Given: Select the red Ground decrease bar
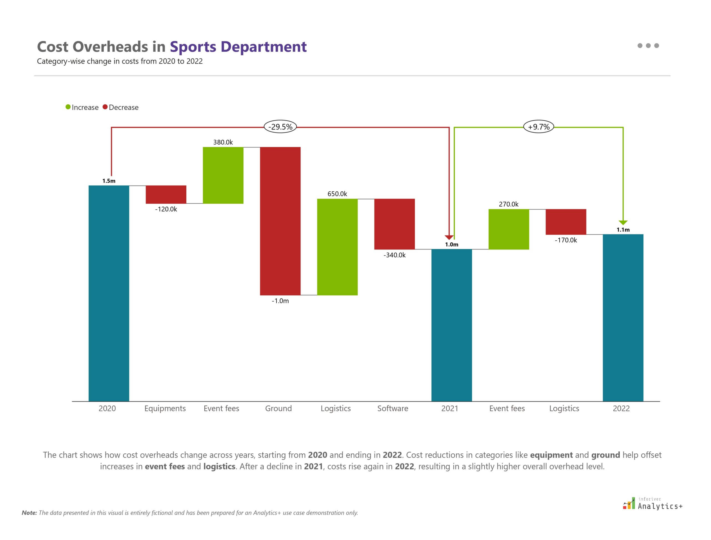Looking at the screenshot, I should click(x=280, y=221).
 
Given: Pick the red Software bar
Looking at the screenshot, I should click(x=394, y=224).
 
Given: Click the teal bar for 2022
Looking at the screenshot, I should click(x=623, y=318).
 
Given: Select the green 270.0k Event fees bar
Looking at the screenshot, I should click(x=509, y=229).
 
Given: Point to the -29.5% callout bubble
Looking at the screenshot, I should click(x=280, y=127).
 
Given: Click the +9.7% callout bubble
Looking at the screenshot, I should click(x=538, y=127).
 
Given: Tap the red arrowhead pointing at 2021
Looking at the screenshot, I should click(x=449, y=237).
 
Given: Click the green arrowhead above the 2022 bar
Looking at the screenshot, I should click(x=623, y=222).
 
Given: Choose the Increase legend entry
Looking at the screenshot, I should click(x=82, y=107).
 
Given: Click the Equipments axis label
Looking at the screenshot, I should click(x=165, y=408).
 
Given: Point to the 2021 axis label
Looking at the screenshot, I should click(x=450, y=408).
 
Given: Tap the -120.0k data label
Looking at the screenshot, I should click(x=166, y=209).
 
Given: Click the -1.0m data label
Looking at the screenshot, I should click(x=280, y=301).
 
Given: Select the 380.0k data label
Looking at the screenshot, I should click(x=223, y=142).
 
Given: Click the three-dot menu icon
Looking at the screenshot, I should click(x=648, y=46).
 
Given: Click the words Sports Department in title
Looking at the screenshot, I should click(x=238, y=47).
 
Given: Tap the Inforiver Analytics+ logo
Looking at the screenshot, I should click(x=652, y=504).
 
